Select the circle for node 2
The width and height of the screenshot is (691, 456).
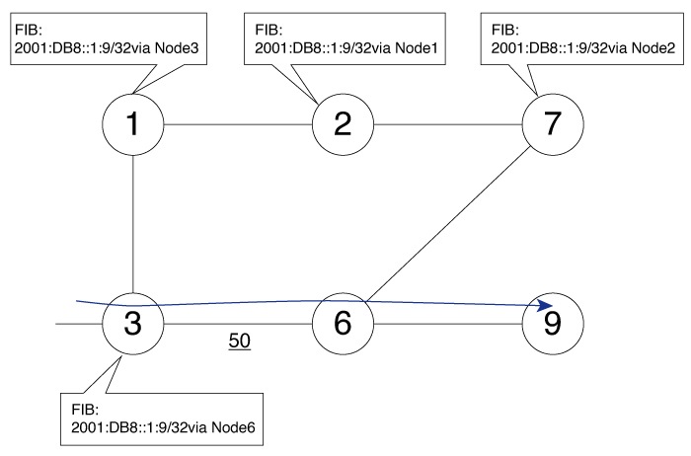click(x=343, y=124)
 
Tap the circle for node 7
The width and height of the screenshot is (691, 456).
click(x=552, y=124)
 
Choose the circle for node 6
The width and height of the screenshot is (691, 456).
click(x=343, y=323)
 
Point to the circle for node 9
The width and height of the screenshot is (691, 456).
click(x=552, y=323)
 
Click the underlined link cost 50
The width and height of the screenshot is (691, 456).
click(x=239, y=342)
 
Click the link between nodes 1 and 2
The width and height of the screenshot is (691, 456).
click(x=237, y=124)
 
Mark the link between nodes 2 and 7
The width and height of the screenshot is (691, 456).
click(x=447, y=124)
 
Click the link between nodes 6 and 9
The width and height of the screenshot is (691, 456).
click(x=447, y=324)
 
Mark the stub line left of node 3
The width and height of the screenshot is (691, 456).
click(x=79, y=323)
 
